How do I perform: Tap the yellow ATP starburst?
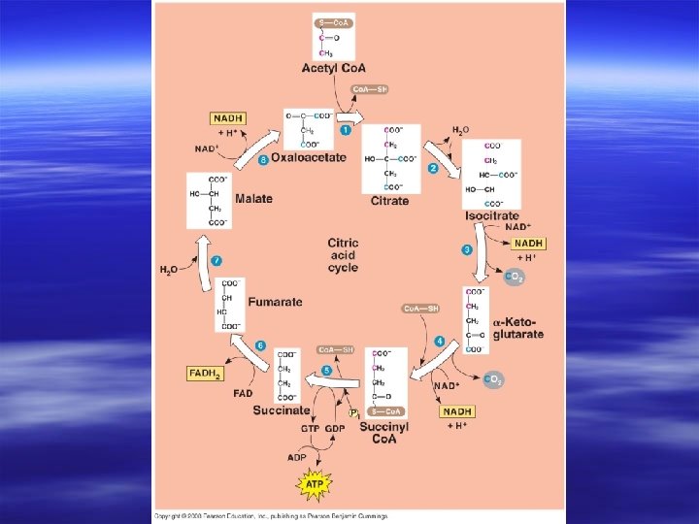316,482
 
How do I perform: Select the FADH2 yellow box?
205,373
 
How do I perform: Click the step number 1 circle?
345,129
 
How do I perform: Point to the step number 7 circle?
216,261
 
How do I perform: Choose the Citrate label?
389,201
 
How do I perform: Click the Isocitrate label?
492,215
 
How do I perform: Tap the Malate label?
252,198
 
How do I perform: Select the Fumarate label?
275,302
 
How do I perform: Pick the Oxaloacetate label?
308,157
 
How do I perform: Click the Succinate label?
282,410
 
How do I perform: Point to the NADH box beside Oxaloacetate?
227,118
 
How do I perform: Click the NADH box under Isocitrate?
529,243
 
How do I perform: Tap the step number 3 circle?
467,249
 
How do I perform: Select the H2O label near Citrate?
461,130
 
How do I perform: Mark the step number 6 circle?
260,345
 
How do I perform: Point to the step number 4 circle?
440,341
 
